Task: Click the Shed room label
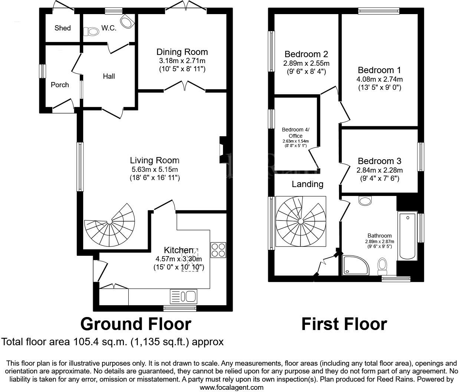(62, 28)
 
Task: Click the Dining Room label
(182, 52)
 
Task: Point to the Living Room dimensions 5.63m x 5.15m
(155, 169)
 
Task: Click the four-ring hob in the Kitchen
(218, 250)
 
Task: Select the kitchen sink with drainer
(184, 296)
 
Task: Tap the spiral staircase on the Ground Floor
(110, 225)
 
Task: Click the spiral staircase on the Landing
(301, 222)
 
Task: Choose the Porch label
(60, 85)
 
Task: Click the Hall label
(109, 76)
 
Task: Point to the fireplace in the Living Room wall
(223, 150)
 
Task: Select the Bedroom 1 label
(379, 70)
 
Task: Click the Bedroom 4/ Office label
(295, 133)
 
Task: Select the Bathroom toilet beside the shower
(382, 265)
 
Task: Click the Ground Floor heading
(136, 324)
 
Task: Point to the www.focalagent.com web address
(231, 387)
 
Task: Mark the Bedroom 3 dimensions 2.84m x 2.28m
(379, 170)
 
